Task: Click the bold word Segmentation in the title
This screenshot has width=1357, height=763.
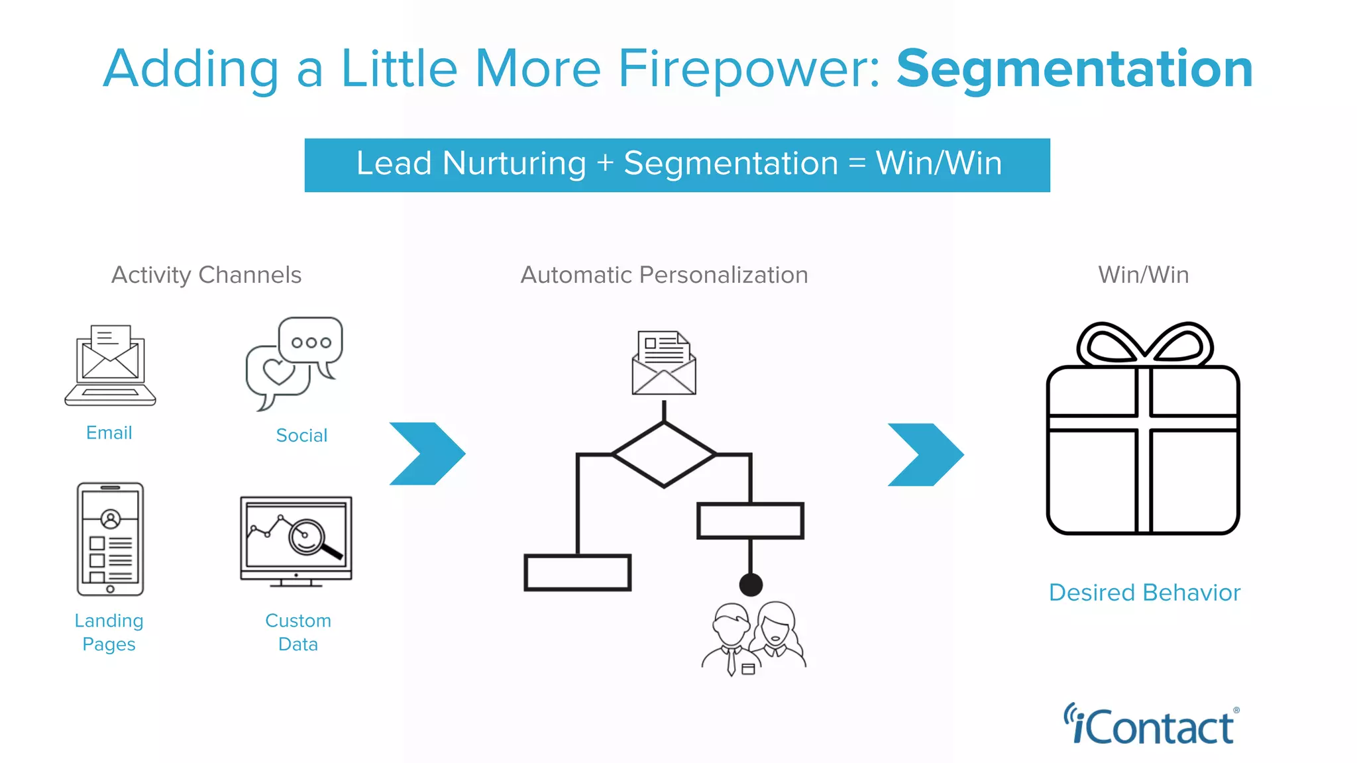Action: [x=1074, y=70]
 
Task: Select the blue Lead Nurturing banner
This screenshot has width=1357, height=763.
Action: [x=677, y=165]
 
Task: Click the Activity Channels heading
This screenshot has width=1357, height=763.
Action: [x=206, y=275]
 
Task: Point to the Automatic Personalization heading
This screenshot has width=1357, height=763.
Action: [x=664, y=275]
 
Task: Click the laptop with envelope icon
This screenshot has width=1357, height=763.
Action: [x=110, y=365]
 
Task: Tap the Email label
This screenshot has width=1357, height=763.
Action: [x=109, y=433]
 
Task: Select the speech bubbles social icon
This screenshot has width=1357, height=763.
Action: [x=294, y=363]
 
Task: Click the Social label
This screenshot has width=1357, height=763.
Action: [x=301, y=436]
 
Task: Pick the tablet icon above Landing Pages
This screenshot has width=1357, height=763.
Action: [x=110, y=539]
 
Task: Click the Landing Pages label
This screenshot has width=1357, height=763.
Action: [x=109, y=633]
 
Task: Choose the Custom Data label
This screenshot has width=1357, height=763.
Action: [x=298, y=633]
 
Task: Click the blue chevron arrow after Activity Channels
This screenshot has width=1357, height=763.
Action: [x=427, y=454]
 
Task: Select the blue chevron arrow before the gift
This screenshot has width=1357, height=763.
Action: [x=926, y=454]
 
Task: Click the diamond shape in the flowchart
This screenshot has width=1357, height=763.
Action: [x=664, y=454]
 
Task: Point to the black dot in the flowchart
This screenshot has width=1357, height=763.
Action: [x=751, y=585]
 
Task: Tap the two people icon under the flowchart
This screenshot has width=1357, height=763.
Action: [x=754, y=638]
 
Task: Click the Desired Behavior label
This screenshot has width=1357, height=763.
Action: [x=1144, y=593]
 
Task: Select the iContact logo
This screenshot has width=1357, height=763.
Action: [x=1151, y=725]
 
